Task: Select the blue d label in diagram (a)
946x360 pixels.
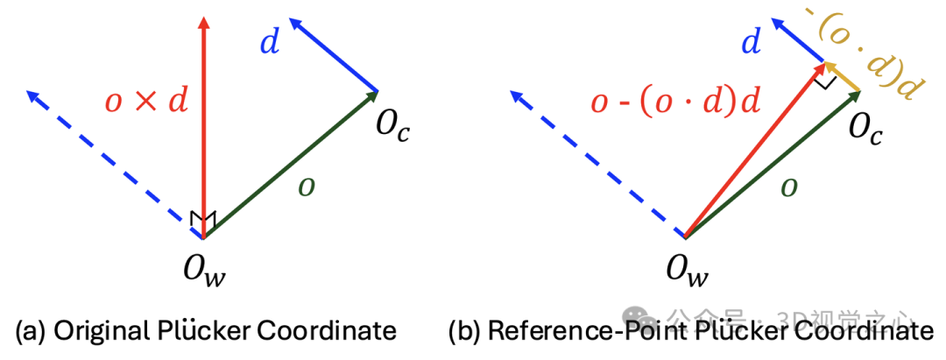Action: pyautogui.click(x=270, y=43)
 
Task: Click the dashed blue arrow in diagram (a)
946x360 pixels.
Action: pyautogui.click(x=114, y=163)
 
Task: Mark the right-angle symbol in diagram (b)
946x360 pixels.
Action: pyautogui.click(x=822, y=81)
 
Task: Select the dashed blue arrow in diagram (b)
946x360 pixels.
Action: pyautogui.click(x=596, y=163)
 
